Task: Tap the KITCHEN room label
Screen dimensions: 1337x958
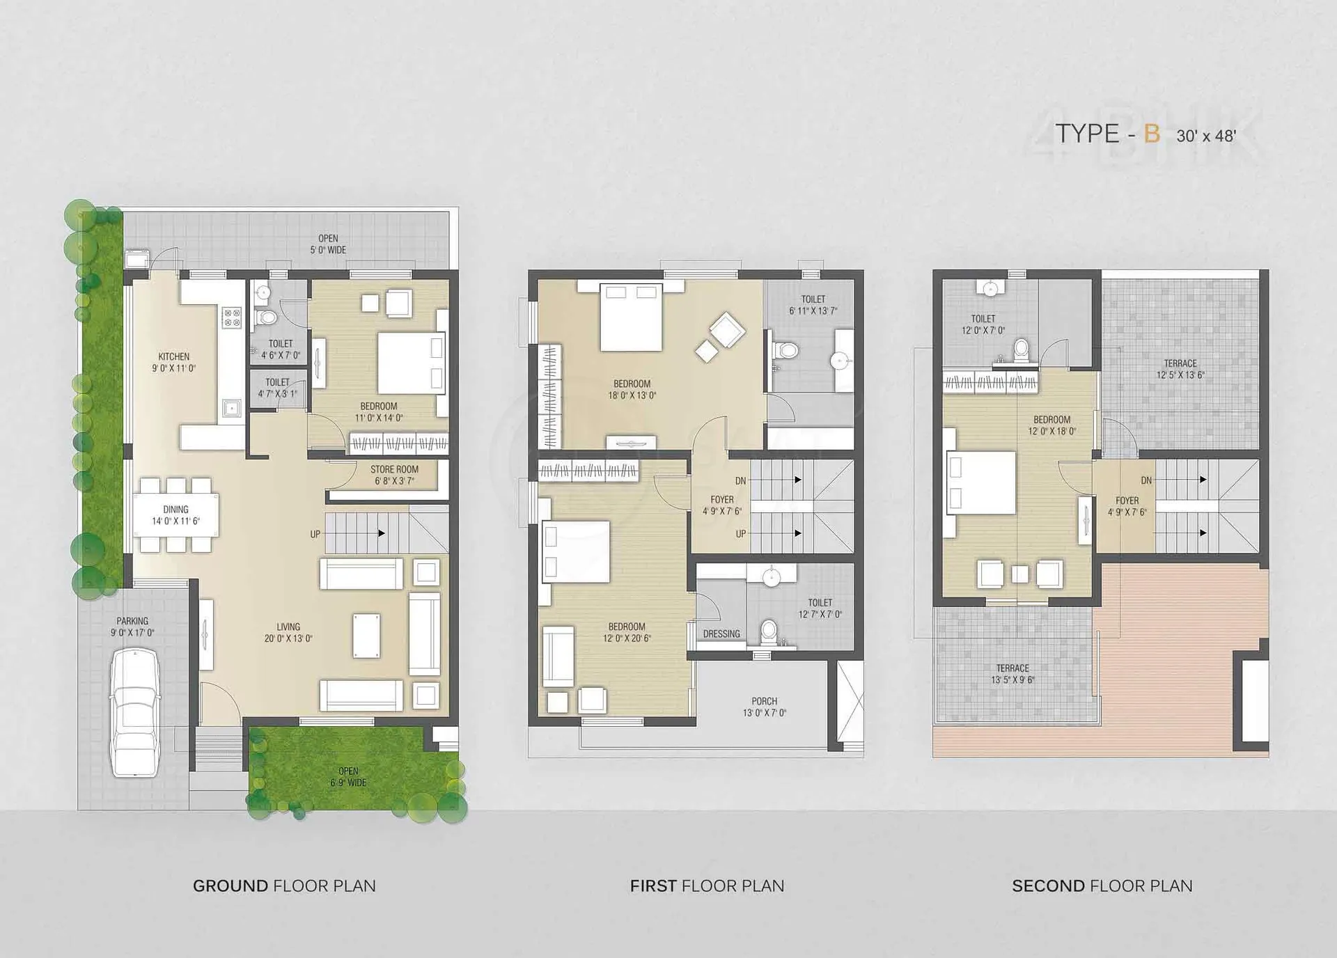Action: (173, 356)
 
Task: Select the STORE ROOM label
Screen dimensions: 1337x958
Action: (394, 469)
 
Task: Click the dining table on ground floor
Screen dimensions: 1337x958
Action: (175, 515)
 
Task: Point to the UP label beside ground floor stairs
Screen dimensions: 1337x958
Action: (315, 534)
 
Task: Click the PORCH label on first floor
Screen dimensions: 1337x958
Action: (764, 701)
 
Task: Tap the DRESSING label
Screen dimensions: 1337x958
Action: (721, 634)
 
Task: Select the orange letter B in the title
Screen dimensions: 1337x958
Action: (1152, 133)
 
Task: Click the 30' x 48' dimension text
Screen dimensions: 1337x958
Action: (1206, 136)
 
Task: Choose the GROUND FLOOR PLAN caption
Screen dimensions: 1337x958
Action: (284, 886)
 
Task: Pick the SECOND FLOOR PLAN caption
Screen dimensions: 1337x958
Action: (1102, 886)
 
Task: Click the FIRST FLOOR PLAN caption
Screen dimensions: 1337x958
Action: (707, 886)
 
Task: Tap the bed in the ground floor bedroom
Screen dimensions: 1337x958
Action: (411, 363)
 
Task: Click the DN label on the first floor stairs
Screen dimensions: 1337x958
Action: (740, 480)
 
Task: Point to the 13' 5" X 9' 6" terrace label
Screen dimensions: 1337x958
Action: (1012, 680)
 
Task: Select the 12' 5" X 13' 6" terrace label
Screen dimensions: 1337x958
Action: (1180, 375)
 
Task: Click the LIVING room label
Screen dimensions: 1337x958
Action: (288, 627)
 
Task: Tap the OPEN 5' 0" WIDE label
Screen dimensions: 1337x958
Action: (328, 244)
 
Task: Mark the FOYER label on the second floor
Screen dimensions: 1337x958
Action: (1127, 501)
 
